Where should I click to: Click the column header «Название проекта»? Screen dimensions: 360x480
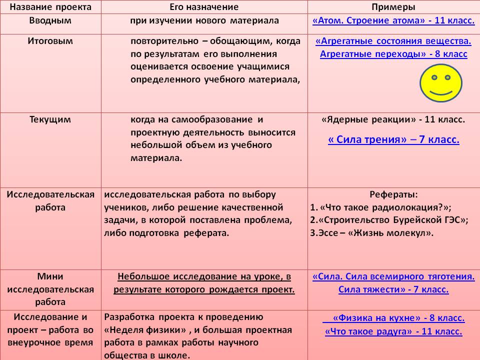click(x=50, y=7)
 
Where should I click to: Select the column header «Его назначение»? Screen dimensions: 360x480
click(x=204, y=7)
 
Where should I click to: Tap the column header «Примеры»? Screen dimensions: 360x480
click(x=393, y=7)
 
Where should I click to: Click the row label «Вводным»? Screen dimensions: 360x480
click(x=50, y=20)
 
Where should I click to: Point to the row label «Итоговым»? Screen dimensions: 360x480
click(x=50, y=41)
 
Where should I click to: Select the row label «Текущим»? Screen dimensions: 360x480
click(x=50, y=119)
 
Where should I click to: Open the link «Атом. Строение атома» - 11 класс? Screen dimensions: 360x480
click(x=393, y=21)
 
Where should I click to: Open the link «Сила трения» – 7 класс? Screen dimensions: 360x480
click(x=393, y=140)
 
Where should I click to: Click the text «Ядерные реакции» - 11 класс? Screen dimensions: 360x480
click(x=393, y=120)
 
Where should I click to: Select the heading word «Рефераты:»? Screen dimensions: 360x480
click(x=393, y=194)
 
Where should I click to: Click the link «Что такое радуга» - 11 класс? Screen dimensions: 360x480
click(x=393, y=331)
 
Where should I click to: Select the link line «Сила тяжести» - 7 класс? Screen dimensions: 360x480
click(x=393, y=289)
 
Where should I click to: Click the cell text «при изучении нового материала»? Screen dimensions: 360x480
click(x=204, y=21)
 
